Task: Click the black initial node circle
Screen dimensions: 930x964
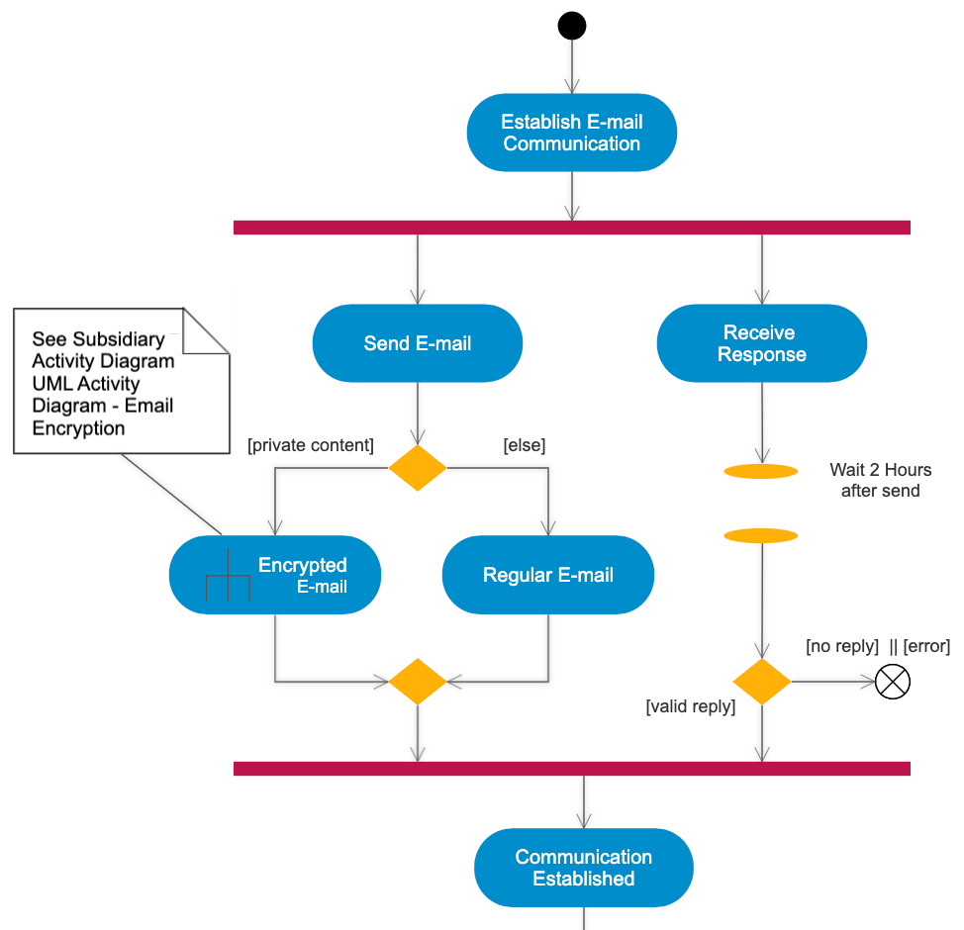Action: click(x=572, y=25)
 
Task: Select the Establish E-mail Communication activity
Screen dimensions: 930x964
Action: click(x=572, y=133)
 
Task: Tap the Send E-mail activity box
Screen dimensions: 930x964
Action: click(x=417, y=343)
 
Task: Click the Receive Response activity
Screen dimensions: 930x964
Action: click(x=761, y=343)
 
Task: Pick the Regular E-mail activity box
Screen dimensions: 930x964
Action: click(x=547, y=575)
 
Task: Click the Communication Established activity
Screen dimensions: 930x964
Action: click(x=583, y=868)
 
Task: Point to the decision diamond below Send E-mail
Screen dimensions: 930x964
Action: click(x=418, y=468)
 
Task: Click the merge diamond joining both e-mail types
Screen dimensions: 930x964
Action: click(x=418, y=682)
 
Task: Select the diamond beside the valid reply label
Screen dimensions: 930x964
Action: click(x=761, y=682)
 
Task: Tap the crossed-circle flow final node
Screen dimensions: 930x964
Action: click(x=893, y=682)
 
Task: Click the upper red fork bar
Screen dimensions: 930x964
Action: click(x=572, y=228)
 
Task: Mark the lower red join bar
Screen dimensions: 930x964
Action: click(x=572, y=768)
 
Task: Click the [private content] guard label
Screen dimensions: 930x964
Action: click(x=311, y=445)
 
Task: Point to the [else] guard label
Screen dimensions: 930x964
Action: click(x=525, y=445)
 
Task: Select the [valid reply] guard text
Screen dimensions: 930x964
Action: click(x=691, y=706)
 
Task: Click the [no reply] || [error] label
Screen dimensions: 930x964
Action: click(x=878, y=646)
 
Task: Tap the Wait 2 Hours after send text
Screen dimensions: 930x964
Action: click(x=880, y=480)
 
